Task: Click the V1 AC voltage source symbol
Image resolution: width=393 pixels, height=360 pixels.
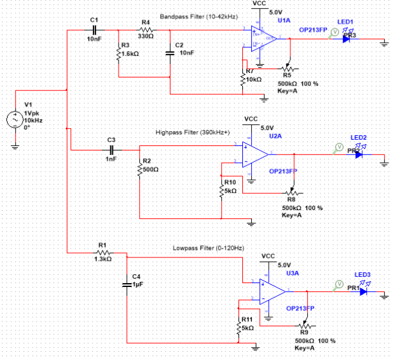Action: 14,119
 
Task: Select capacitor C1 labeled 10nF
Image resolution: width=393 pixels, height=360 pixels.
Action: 94,29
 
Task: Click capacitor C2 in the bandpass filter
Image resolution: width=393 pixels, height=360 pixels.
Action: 170,53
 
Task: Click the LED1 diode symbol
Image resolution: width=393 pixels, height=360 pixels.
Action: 346,38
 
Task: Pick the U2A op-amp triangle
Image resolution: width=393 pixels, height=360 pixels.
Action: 255,154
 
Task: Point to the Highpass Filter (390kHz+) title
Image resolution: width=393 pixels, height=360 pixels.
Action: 192,133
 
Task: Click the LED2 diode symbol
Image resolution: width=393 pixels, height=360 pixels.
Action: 359,154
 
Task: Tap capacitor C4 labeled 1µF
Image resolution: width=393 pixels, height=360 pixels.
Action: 128,282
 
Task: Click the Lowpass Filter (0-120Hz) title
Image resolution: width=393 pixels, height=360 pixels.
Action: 208,248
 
